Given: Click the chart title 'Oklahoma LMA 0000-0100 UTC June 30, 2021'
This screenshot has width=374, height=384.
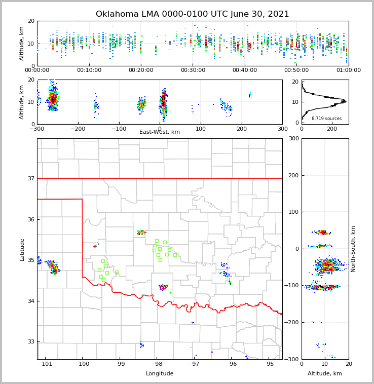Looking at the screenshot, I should click(192, 14).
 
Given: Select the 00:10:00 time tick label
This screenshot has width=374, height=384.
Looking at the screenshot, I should click(89, 70).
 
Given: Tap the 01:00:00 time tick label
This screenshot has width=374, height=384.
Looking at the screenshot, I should click(348, 70).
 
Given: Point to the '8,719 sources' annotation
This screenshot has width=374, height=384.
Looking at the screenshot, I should click(326, 119).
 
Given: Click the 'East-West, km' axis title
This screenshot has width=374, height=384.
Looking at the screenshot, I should click(160, 132).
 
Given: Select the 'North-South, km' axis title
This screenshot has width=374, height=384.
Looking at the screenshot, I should click(353, 249).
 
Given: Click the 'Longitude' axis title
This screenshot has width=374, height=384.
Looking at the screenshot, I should click(160, 374).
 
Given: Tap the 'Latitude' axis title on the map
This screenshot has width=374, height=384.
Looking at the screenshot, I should click(22, 249).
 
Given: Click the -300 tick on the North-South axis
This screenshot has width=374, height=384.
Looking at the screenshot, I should click(293, 359).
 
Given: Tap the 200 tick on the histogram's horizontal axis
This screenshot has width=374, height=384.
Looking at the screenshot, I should click(332, 129).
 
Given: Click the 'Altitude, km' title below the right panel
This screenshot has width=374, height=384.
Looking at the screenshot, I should click(325, 374).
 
